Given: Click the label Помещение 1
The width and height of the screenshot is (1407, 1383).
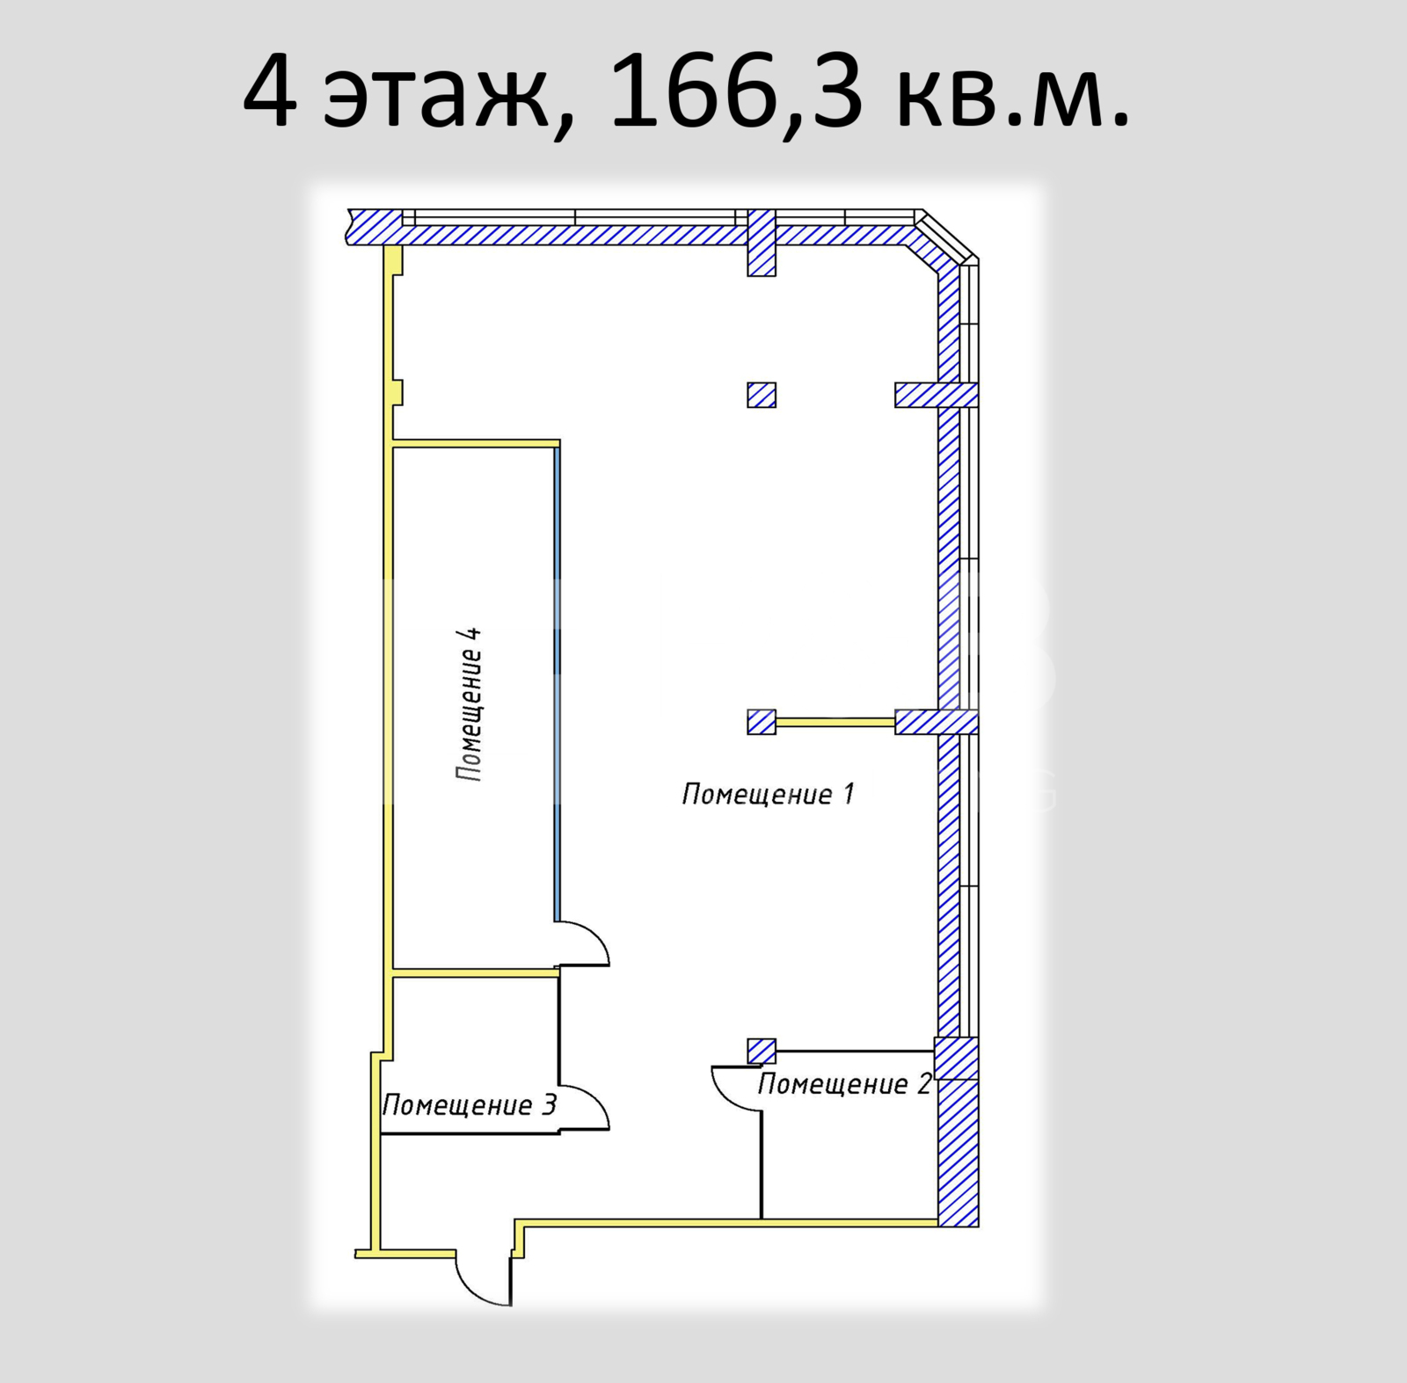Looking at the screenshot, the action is [768, 794].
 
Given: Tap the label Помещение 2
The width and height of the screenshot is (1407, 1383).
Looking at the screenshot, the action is [844, 1084].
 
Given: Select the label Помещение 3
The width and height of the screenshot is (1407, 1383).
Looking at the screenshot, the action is [470, 1105].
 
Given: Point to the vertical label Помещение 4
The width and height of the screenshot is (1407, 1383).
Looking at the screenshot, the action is [469, 703].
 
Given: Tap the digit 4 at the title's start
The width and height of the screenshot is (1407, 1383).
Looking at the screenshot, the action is [270, 91].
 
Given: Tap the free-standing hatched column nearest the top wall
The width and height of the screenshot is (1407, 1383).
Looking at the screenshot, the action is [762, 395].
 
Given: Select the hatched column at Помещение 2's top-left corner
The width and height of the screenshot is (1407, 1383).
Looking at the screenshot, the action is [762, 1051].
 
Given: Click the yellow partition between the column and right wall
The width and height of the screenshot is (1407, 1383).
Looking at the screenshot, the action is [835, 723].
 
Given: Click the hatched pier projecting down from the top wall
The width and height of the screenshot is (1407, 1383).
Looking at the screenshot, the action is [762, 243].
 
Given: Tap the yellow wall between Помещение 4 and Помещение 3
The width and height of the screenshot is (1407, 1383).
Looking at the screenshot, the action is [476, 972].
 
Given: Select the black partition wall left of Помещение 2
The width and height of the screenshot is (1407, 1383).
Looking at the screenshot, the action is [762, 1165].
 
